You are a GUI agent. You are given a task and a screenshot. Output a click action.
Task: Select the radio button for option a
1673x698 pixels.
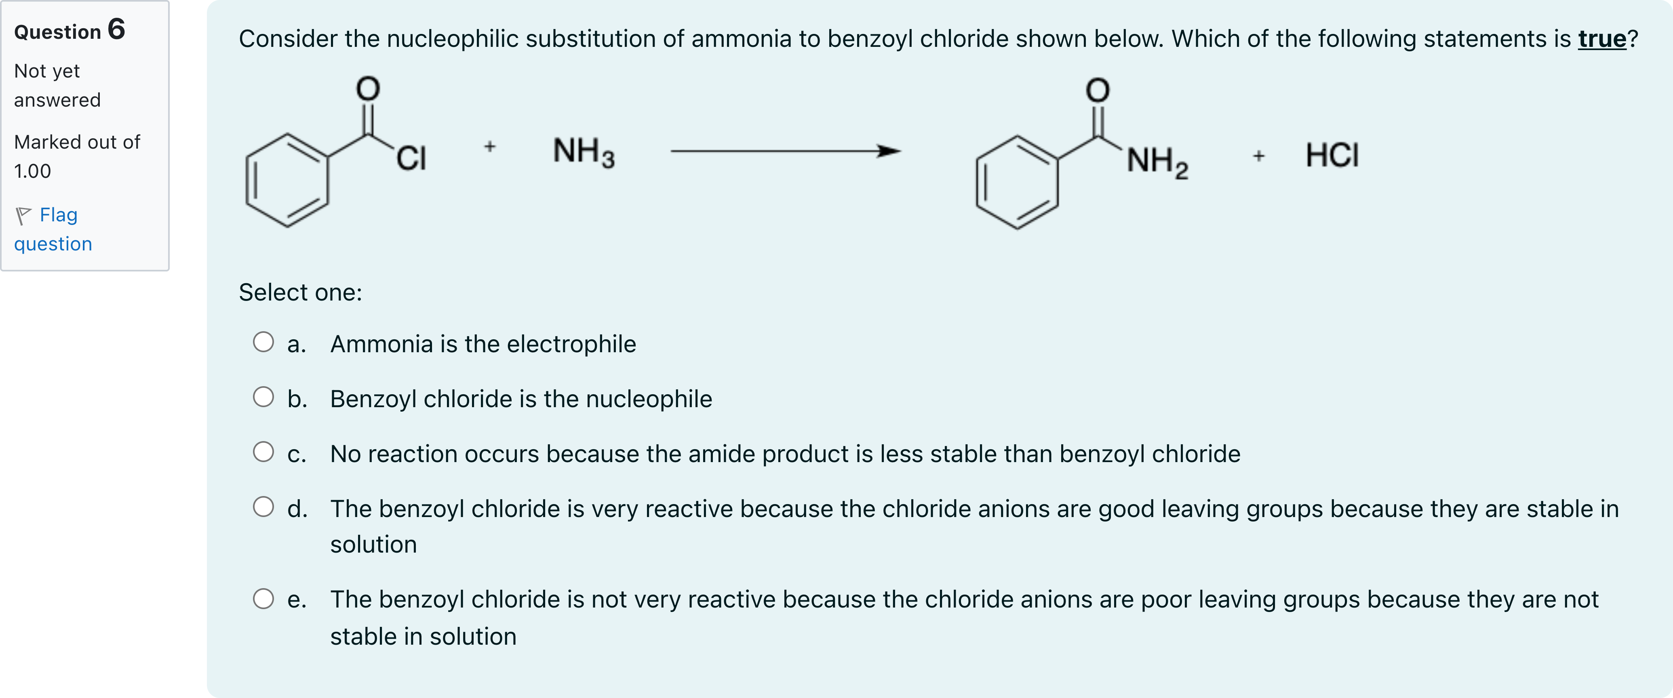click(x=263, y=342)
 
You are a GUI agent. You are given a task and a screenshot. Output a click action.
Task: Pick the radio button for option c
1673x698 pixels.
click(x=263, y=452)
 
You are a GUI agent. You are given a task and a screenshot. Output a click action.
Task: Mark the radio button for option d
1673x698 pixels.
click(x=263, y=507)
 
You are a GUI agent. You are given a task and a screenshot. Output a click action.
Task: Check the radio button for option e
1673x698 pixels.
click(x=263, y=599)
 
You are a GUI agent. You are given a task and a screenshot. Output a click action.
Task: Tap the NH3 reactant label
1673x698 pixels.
click(x=583, y=153)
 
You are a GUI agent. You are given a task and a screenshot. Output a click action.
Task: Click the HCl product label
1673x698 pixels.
click(x=1332, y=156)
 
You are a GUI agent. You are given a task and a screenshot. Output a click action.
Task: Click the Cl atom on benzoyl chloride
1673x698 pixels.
click(x=411, y=158)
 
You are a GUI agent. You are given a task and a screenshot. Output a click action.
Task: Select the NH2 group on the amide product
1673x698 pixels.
click(x=1157, y=161)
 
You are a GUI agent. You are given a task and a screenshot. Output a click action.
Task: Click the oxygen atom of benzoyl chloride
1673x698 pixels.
click(x=368, y=89)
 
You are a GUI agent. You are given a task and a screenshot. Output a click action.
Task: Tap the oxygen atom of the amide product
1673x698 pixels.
click(x=1098, y=90)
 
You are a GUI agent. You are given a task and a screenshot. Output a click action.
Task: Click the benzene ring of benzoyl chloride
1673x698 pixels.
click(x=287, y=181)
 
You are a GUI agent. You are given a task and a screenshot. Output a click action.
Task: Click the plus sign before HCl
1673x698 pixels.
click(x=1259, y=156)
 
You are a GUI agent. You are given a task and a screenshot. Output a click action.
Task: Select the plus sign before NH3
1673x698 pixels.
click(x=490, y=147)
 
